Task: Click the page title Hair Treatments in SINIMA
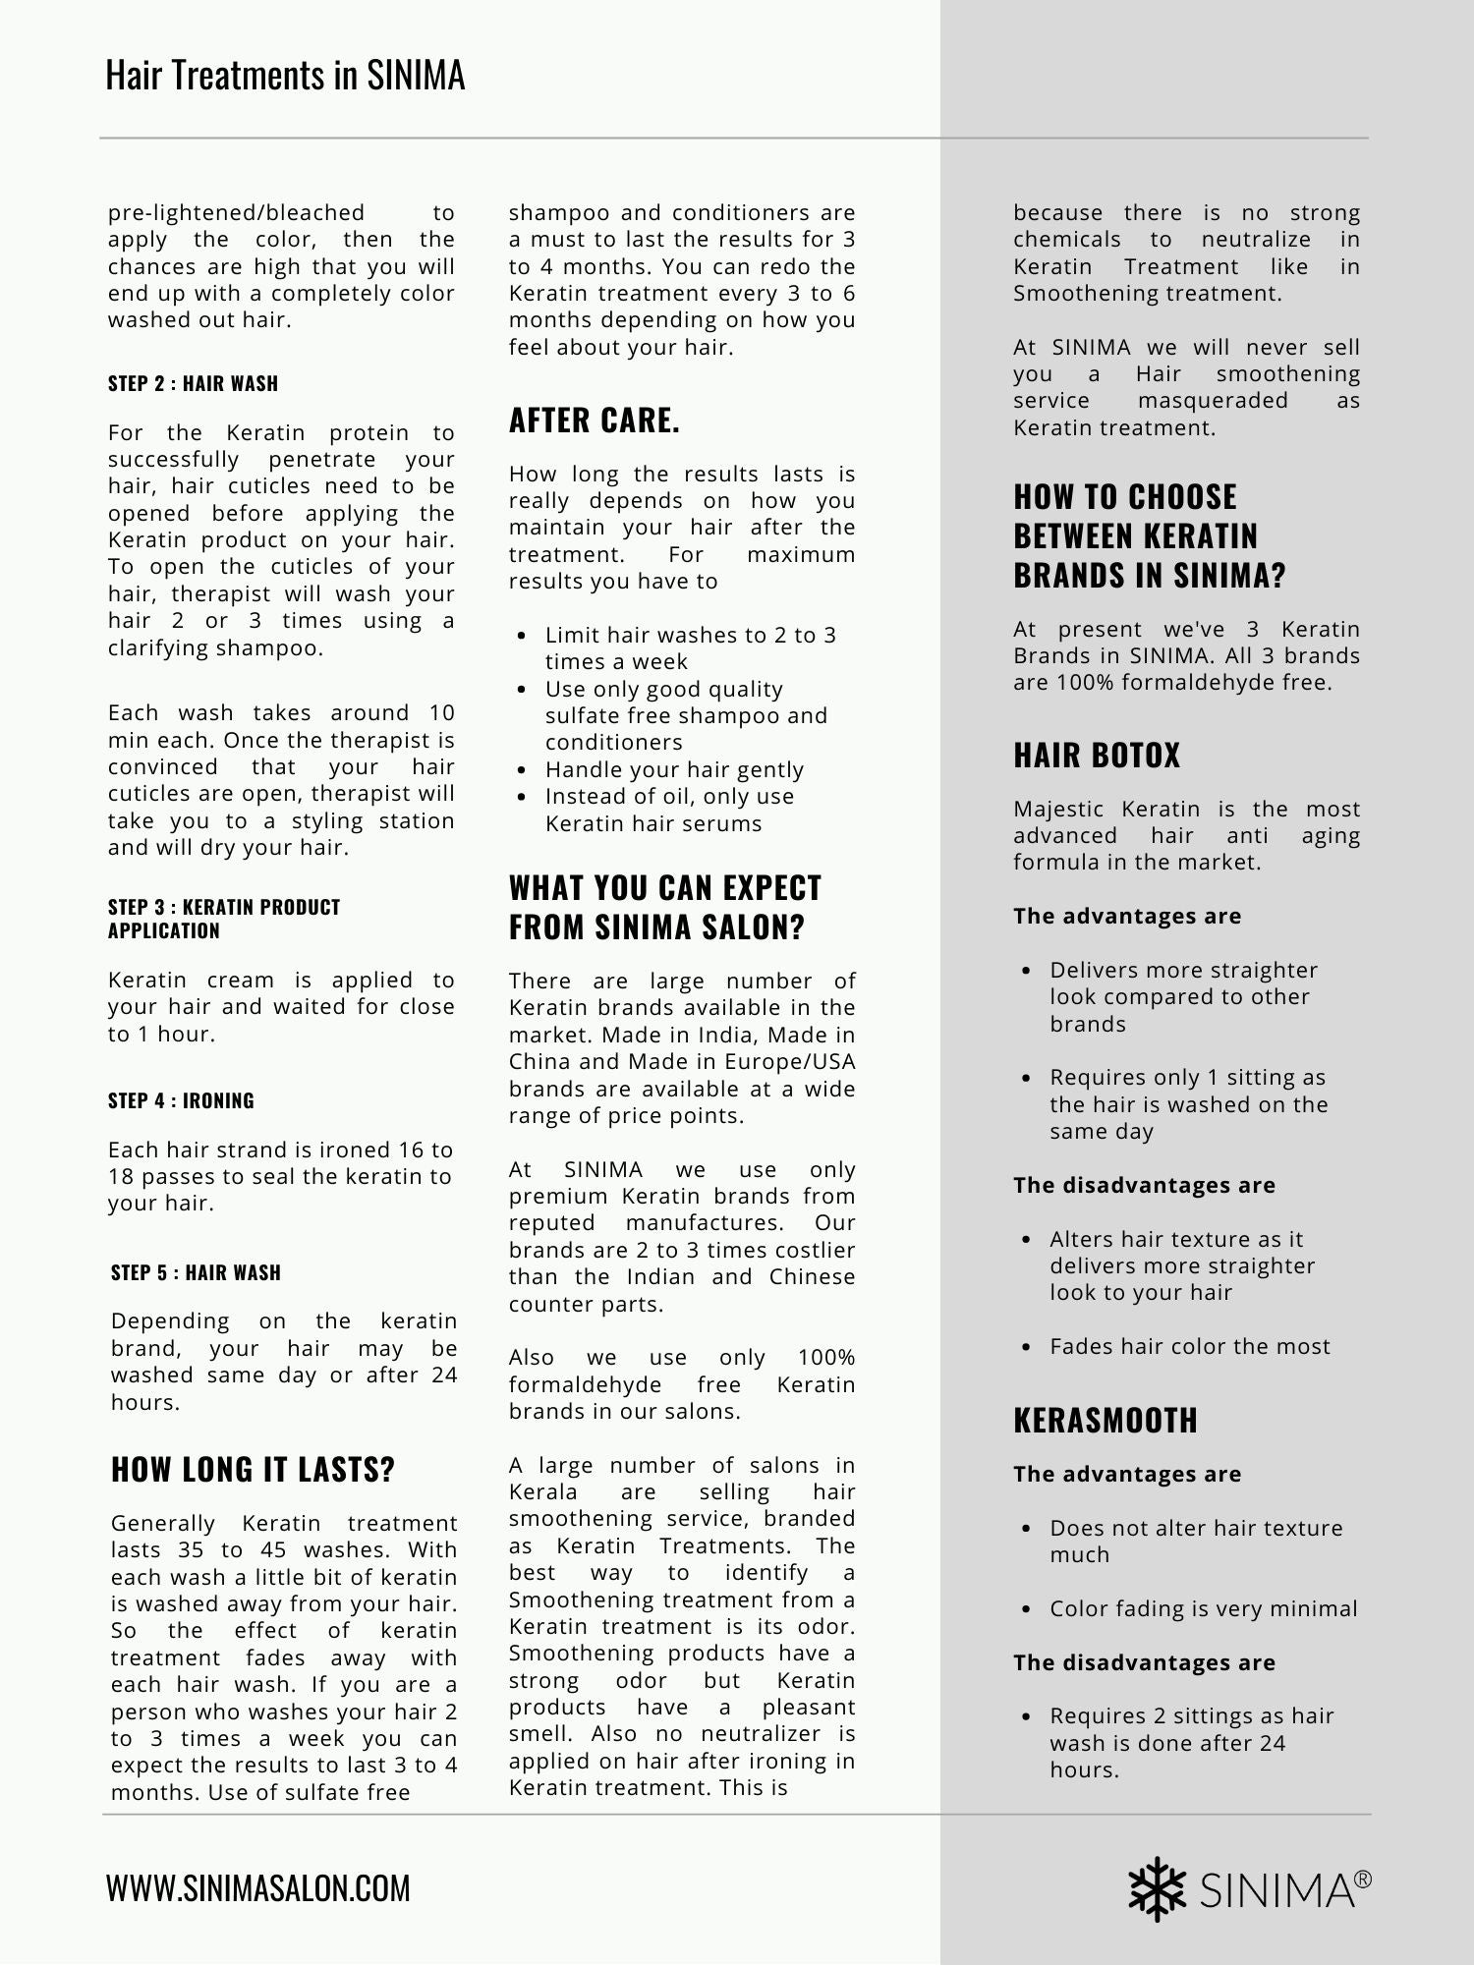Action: tap(285, 76)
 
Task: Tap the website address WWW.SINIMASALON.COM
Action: tap(258, 1888)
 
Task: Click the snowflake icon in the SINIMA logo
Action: tap(1158, 1888)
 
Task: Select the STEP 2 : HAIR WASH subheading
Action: tap(193, 383)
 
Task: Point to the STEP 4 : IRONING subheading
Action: tap(181, 1100)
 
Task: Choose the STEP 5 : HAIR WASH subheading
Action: tap(196, 1272)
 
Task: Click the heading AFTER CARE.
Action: tap(595, 421)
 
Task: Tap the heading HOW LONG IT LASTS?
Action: tap(253, 1470)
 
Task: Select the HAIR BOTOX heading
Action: tap(1097, 755)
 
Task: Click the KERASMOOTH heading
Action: tap(1105, 1420)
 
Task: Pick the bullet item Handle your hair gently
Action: tap(674, 769)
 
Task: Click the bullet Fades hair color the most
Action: tap(1189, 1346)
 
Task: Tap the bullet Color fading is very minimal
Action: tap(1203, 1608)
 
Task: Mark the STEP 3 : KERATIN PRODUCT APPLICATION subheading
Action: tap(224, 919)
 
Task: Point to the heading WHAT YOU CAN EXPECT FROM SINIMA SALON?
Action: tap(665, 907)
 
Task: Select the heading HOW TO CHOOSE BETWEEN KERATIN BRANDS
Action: tap(1149, 535)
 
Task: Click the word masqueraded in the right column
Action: tap(1213, 401)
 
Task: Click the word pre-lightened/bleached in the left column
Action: tap(236, 213)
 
